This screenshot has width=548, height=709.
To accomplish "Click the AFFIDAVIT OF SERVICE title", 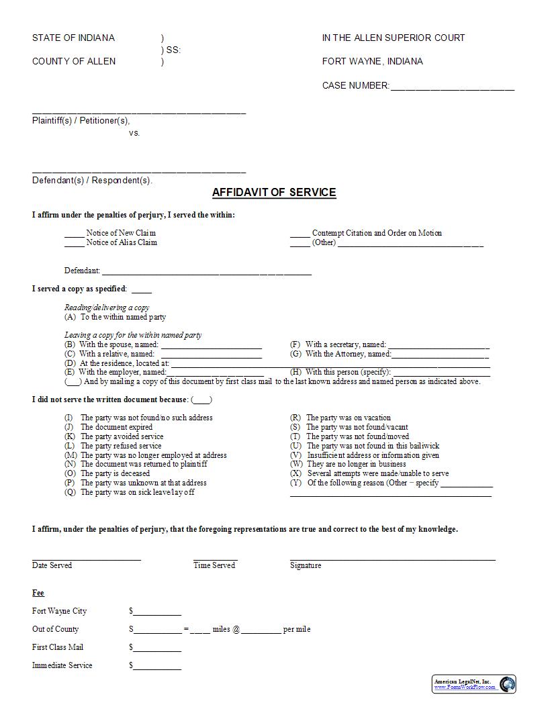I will (x=274, y=193).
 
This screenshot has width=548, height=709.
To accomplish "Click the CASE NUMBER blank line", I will (x=452, y=87).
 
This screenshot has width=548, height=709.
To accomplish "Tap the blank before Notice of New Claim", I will (x=74, y=235).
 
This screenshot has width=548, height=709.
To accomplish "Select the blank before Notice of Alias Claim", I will (x=74, y=244).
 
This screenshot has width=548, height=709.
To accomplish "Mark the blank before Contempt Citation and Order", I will (x=300, y=235).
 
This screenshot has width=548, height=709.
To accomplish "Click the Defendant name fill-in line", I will (x=206, y=273).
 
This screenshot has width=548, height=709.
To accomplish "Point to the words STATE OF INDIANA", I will (x=73, y=38).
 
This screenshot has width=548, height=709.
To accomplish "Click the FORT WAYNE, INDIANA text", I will (x=372, y=62).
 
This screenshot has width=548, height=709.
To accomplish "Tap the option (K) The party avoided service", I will (x=113, y=436).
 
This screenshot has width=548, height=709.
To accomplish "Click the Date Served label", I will (x=52, y=565).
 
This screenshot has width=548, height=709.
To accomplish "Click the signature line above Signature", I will (x=392, y=558).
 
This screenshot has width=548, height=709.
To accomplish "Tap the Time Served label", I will (x=214, y=565).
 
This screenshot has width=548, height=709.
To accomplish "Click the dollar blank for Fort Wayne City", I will (x=157, y=613).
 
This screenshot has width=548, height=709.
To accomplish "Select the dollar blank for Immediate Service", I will (x=157, y=667).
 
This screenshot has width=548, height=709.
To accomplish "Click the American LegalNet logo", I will (x=474, y=684).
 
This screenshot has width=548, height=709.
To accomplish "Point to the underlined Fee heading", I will (x=38, y=594).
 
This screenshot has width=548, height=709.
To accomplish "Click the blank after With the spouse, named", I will (x=201, y=346).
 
